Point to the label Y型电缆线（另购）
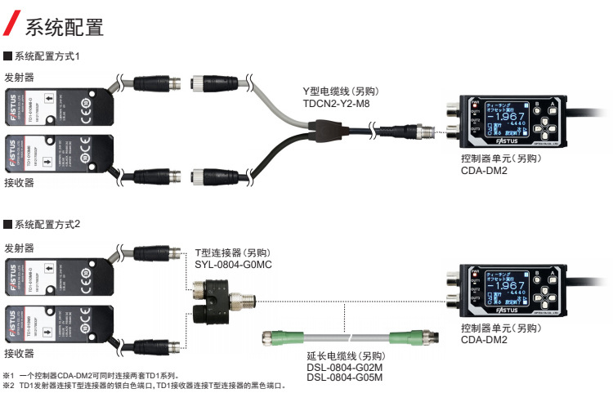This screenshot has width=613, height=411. coord(342,92)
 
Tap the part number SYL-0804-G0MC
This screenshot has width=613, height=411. coord(233,266)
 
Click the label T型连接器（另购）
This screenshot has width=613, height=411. coord(232,253)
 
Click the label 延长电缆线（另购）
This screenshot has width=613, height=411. coord(345,356)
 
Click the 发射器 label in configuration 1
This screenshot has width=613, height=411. coord(19,78)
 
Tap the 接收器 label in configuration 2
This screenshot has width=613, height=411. coord(19,353)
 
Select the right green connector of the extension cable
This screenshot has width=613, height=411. coord(407,335)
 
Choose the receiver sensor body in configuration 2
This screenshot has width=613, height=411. coord(57,324)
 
